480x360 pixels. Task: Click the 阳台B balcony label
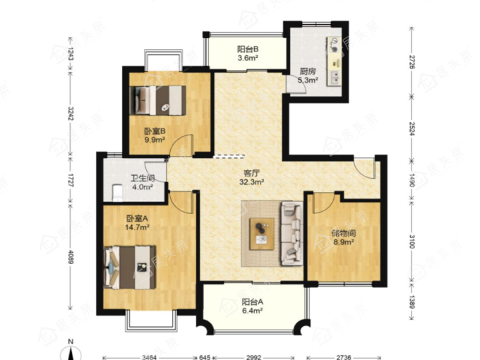click(248, 49)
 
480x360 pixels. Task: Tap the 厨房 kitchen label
click(307, 71)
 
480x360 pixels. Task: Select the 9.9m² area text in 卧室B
click(155, 140)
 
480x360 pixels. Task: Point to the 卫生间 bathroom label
click(143, 178)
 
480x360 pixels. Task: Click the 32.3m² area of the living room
click(251, 182)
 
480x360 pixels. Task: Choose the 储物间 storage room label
click(344, 234)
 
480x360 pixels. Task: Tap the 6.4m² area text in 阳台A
click(253, 311)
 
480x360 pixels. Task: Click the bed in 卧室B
click(158, 100)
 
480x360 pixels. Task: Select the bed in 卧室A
click(130, 268)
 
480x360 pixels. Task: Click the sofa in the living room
click(292, 233)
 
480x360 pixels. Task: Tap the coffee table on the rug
click(262, 234)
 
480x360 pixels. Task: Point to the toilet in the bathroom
click(117, 193)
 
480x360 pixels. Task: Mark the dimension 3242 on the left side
click(71, 113)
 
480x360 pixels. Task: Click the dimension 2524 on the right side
click(412, 128)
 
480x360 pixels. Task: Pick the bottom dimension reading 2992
click(254, 357)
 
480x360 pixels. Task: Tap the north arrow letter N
click(71, 342)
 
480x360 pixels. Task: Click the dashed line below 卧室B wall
click(229, 157)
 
